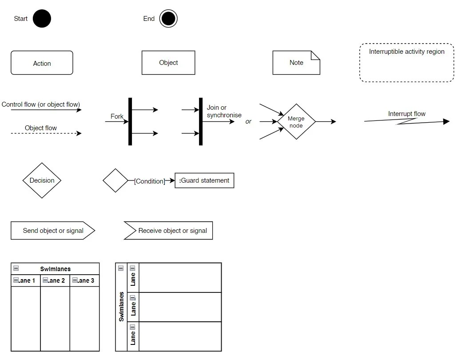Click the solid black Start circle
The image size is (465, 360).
[42, 19]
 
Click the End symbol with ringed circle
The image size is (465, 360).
[168, 19]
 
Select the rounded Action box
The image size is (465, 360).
[42, 63]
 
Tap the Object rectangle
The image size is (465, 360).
[168, 63]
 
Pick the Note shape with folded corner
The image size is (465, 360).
[296, 63]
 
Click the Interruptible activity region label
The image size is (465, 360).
[406, 52]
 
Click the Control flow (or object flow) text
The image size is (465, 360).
[41, 104]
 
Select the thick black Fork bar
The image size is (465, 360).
[130, 121]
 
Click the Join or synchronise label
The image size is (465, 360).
[224, 111]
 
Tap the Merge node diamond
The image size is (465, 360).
[296, 122]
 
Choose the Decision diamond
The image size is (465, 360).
[42, 180]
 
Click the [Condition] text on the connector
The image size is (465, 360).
[149, 181]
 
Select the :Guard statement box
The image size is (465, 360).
[204, 180]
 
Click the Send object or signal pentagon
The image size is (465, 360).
[53, 231]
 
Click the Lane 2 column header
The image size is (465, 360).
[56, 280]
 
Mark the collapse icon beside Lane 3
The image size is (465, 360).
[75, 280]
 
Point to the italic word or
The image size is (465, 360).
[248, 121]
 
